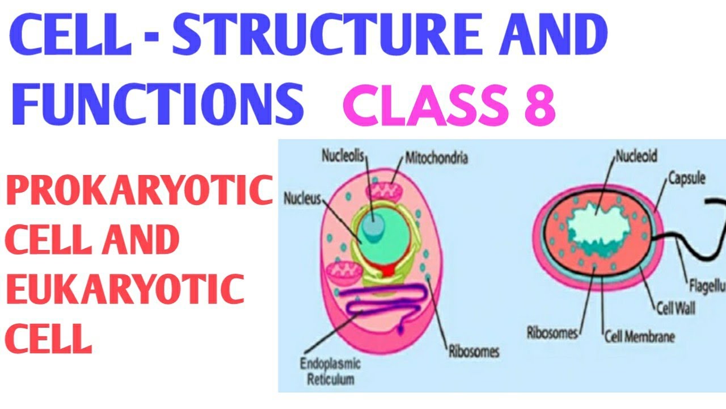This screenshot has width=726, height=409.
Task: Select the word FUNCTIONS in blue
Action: tap(156, 105)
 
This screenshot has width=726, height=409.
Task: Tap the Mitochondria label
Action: tap(436, 158)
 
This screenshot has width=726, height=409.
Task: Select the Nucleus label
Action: tap(302, 199)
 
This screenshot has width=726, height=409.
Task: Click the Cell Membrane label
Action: tap(639, 336)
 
